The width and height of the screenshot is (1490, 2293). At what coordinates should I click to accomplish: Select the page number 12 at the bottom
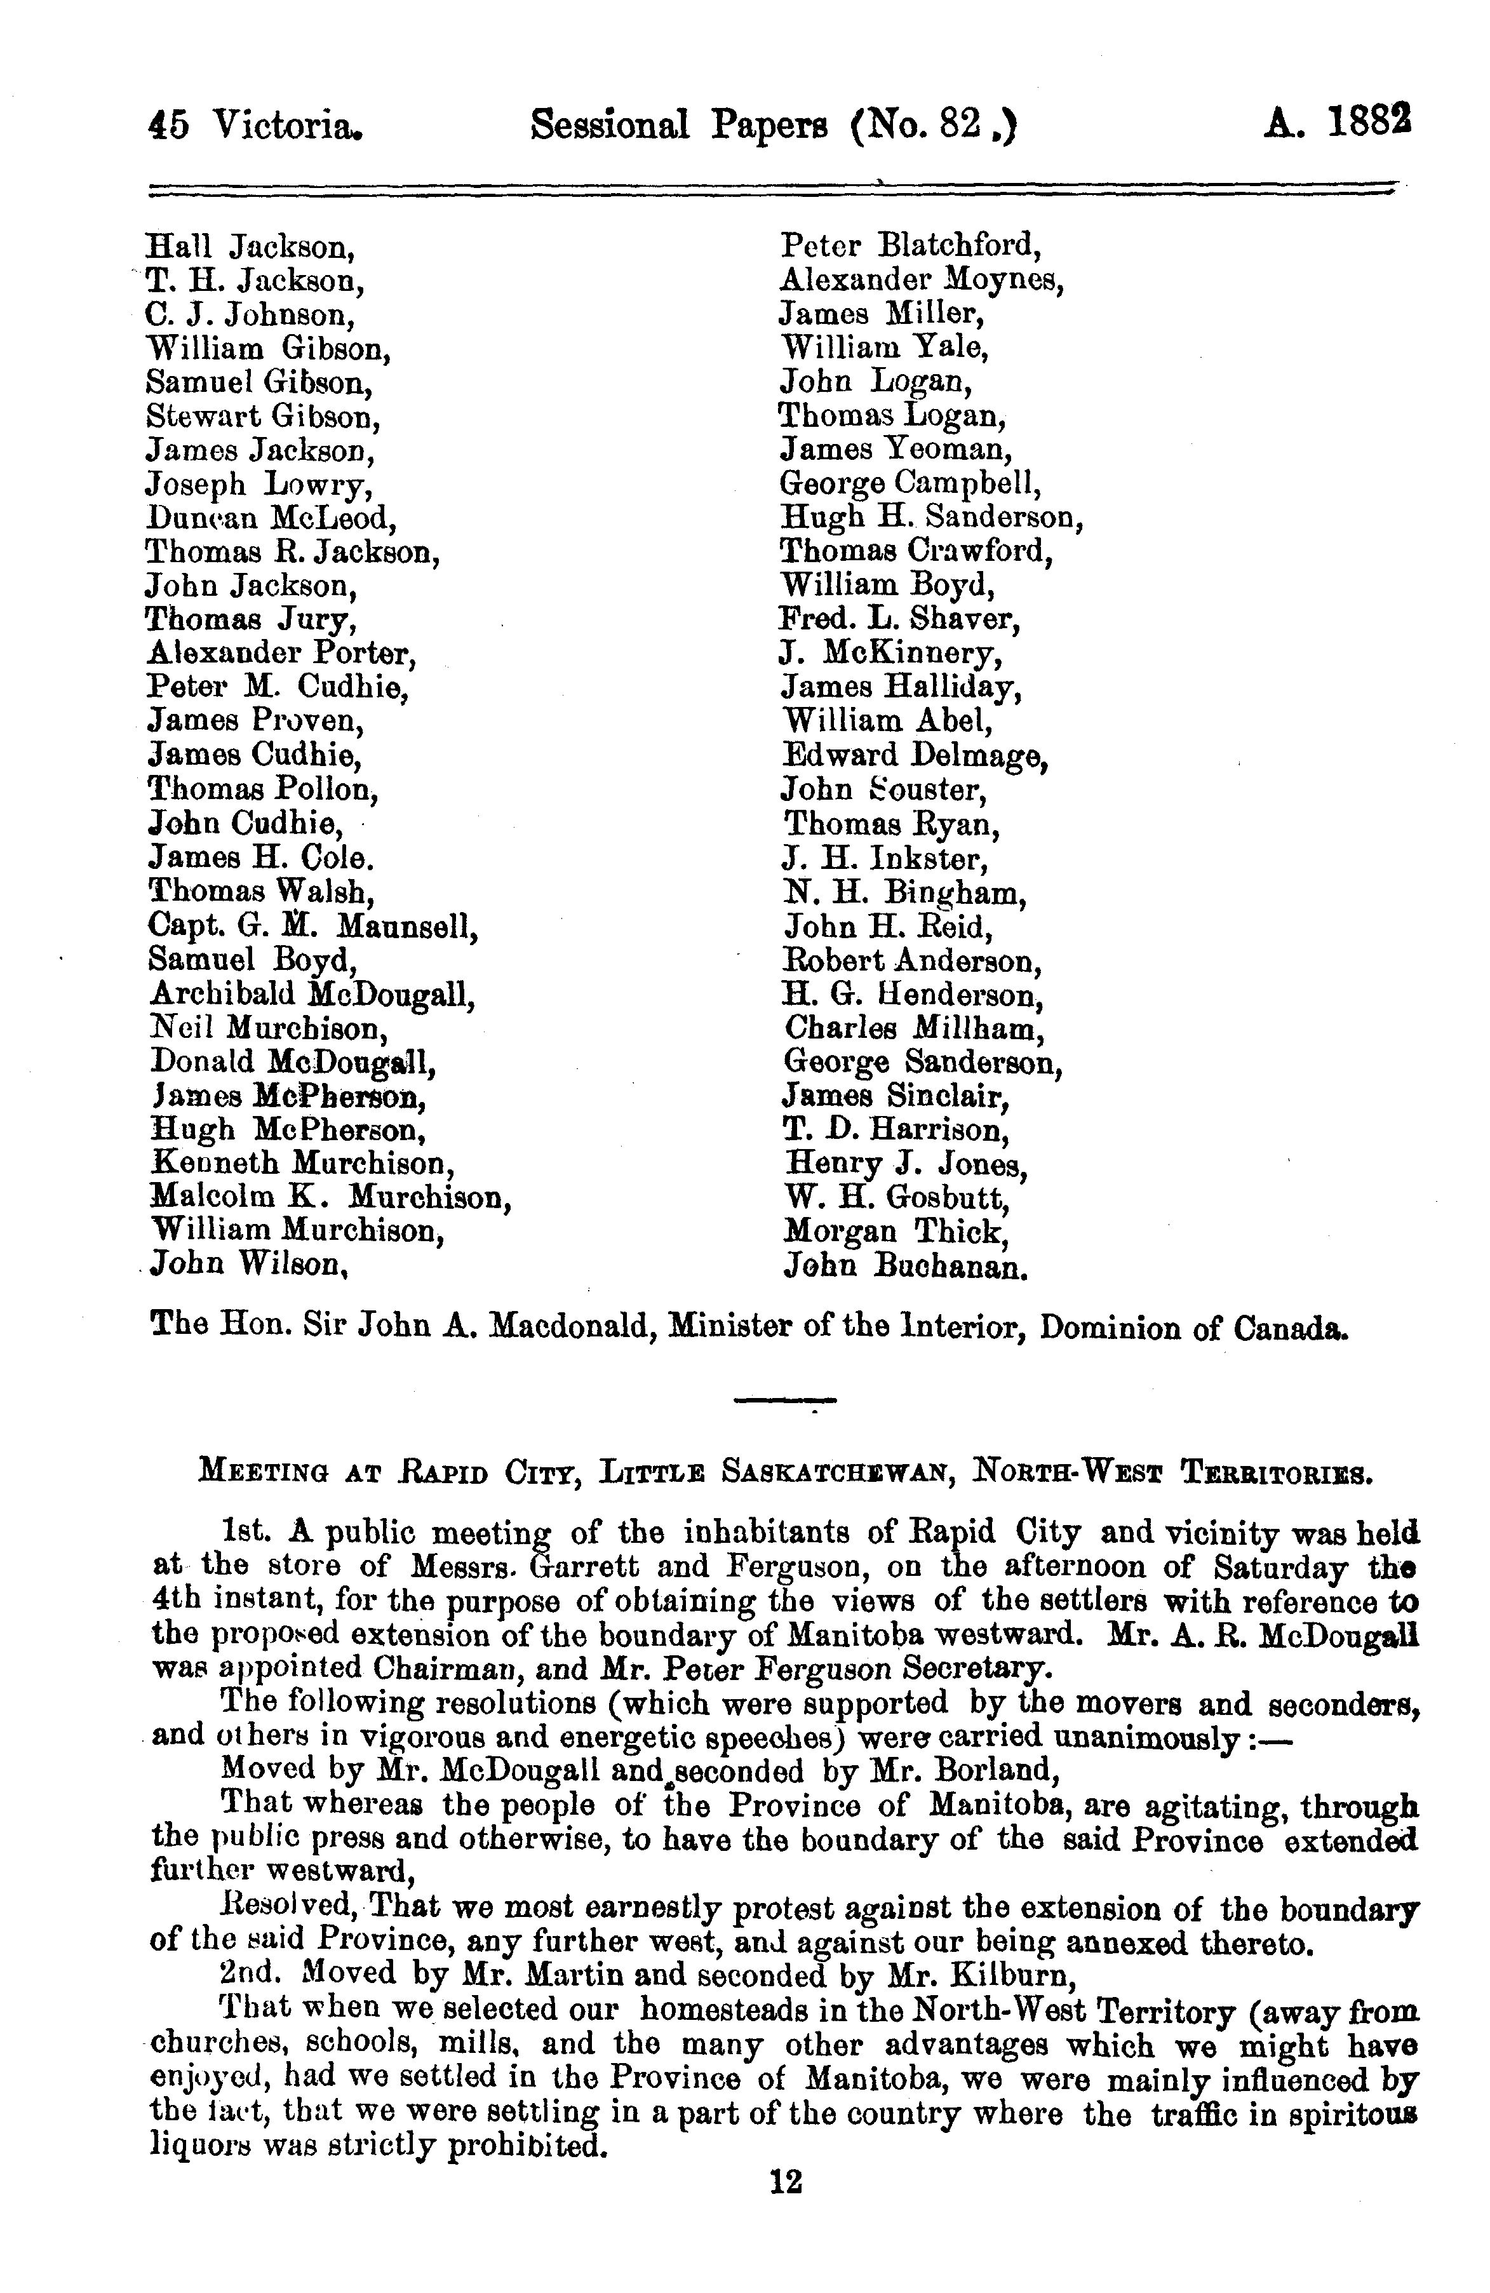tap(786, 2181)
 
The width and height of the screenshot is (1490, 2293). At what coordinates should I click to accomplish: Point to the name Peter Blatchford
tap(910, 246)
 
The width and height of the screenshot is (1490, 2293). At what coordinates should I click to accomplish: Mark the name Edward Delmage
tap(914, 755)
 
